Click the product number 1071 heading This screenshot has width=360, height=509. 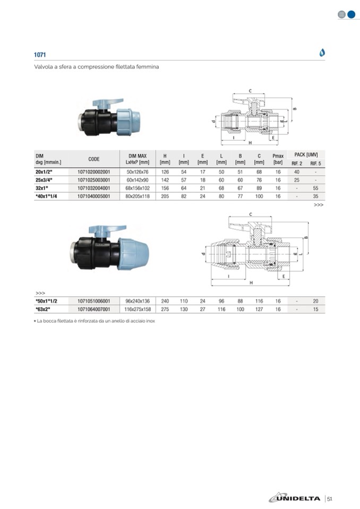click(x=40, y=55)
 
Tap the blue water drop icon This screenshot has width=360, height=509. click(x=322, y=52)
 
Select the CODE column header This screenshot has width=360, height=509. click(x=94, y=159)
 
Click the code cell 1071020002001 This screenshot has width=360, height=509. click(x=94, y=172)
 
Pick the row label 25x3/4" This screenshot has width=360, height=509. click(x=44, y=180)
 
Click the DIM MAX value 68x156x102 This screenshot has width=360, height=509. click(x=138, y=188)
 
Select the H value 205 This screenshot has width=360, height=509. click(x=165, y=196)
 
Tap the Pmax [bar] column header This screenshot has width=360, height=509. click(x=278, y=159)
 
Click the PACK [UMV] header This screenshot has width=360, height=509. click(x=306, y=154)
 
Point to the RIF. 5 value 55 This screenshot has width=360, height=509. click(x=315, y=188)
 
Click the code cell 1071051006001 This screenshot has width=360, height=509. click(x=94, y=301)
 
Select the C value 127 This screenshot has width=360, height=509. click(x=259, y=309)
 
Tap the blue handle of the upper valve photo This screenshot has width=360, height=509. click(x=108, y=103)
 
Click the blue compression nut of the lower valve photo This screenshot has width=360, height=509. click(x=133, y=254)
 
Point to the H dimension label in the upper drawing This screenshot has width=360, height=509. click(x=250, y=142)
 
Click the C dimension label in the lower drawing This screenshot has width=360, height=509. click(x=251, y=214)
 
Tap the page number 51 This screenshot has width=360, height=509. click(x=330, y=499)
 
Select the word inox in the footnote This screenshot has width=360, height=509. click(x=150, y=321)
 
